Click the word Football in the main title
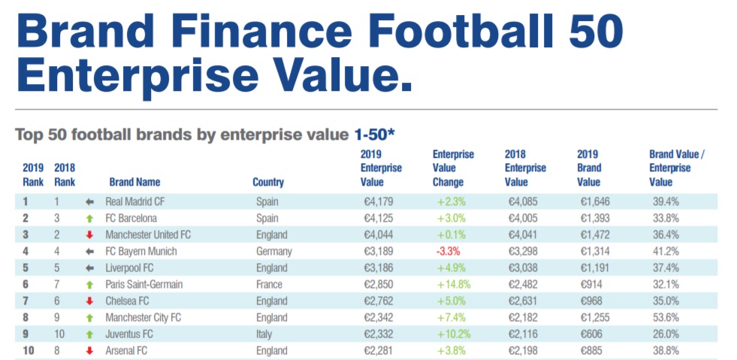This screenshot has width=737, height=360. (435, 31)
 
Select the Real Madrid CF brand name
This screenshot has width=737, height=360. (136, 201)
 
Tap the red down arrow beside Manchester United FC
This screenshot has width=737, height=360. (89, 234)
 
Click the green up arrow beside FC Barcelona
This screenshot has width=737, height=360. (89, 218)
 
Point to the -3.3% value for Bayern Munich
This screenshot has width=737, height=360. (449, 251)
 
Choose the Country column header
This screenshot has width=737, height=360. (268, 182)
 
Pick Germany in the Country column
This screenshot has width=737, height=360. (275, 251)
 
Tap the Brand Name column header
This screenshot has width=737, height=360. (134, 182)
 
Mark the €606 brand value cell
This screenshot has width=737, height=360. (592, 334)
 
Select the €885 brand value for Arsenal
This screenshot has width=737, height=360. (592, 350)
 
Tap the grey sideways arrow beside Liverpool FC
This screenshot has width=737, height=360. (89, 268)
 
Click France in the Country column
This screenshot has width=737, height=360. (269, 284)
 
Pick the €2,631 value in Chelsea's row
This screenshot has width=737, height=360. (522, 301)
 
